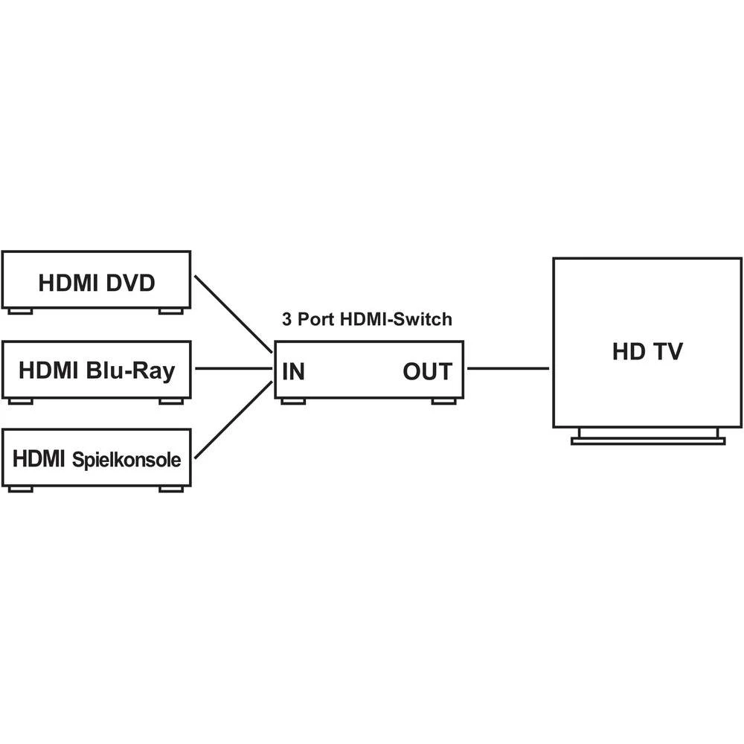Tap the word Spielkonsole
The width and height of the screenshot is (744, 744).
126,460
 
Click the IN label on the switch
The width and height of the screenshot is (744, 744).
293,371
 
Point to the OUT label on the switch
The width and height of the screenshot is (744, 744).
427,371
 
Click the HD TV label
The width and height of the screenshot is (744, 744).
647,352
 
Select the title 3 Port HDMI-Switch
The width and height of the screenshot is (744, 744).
367,320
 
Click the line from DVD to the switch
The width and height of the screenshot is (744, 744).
233,314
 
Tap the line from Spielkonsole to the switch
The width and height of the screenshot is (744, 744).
233,421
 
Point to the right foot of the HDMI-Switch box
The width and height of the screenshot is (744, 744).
444,402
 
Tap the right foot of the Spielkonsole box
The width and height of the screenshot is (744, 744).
171,489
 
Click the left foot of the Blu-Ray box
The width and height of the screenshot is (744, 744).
20,401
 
